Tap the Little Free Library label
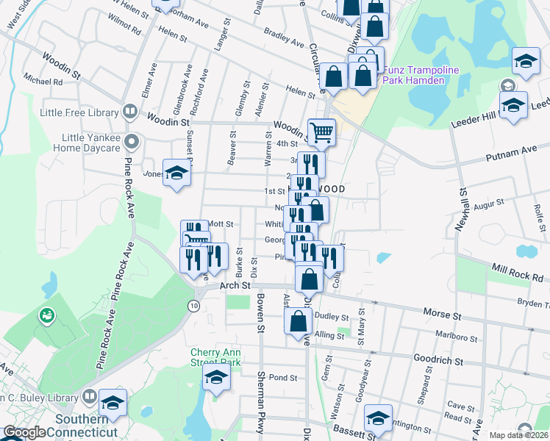pos(79,112)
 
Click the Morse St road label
pos(441,314)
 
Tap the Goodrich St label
pos(438,361)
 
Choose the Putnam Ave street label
pos(519,150)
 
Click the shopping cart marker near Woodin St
pos(321,132)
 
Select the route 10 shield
pos(193,306)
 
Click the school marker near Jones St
pos(176,173)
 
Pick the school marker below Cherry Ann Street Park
pos(216,378)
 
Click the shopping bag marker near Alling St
pos(298,321)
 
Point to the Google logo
pos(24,433)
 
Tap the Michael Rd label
pos(43,82)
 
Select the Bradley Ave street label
pos(284,39)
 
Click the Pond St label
pos(282,378)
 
